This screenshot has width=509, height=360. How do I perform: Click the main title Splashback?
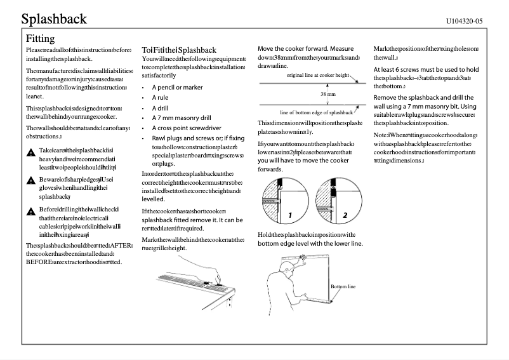pyautogui.click(x=53, y=18)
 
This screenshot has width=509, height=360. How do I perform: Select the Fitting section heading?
pyautogui.click(x=40, y=39)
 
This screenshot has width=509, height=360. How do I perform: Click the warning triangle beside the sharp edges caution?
pyautogui.click(x=30, y=180)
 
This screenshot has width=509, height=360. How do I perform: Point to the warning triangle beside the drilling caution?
pyautogui.click(x=30, y=210)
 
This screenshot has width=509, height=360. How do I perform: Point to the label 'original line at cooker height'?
pyautogui.click(x=318, y=75)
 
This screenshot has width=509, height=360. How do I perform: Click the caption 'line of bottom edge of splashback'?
pyautogui.click(x=316, y=112)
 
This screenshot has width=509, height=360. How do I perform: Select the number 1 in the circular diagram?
pyautogui.click(x=289, y=215)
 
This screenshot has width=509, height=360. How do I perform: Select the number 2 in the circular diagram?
pyautogui.click(x=345, y=215)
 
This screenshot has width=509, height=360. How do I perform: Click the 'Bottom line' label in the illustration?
pyautogui.click(x=343, y=287)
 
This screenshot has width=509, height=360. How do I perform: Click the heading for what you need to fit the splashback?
pyautogui.click(x=179, y=50)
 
